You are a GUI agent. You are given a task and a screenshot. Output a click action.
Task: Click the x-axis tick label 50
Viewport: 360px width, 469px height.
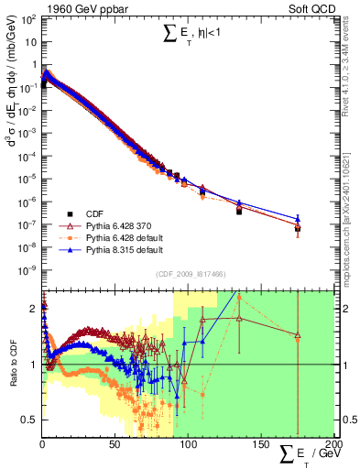point(115,443)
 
